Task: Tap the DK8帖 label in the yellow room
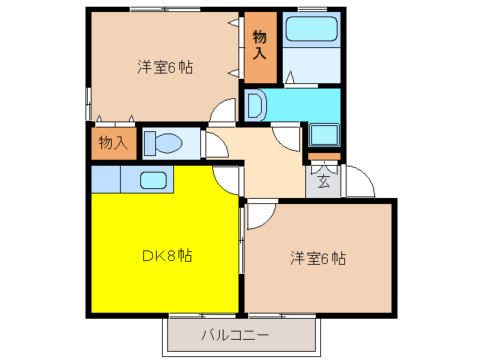(x=166, y=255)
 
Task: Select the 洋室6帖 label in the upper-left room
(x=164, y=67)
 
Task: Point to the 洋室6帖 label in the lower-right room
(x=318, y=259)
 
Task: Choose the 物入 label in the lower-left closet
(x=113, y=142)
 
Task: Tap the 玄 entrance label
(x=323, y=181)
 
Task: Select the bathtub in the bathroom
(x=311, y=29)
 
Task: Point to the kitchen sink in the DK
(x=153, y=180)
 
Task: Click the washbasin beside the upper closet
(x=253, y=104)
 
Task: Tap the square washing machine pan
(x=324, y=136)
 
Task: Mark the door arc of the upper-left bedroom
(x=222, y=112)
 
